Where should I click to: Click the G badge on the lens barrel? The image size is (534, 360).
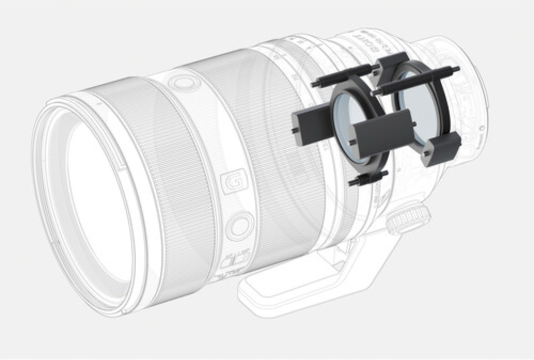(233, 179)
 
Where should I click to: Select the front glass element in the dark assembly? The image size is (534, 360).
(350, 126)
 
